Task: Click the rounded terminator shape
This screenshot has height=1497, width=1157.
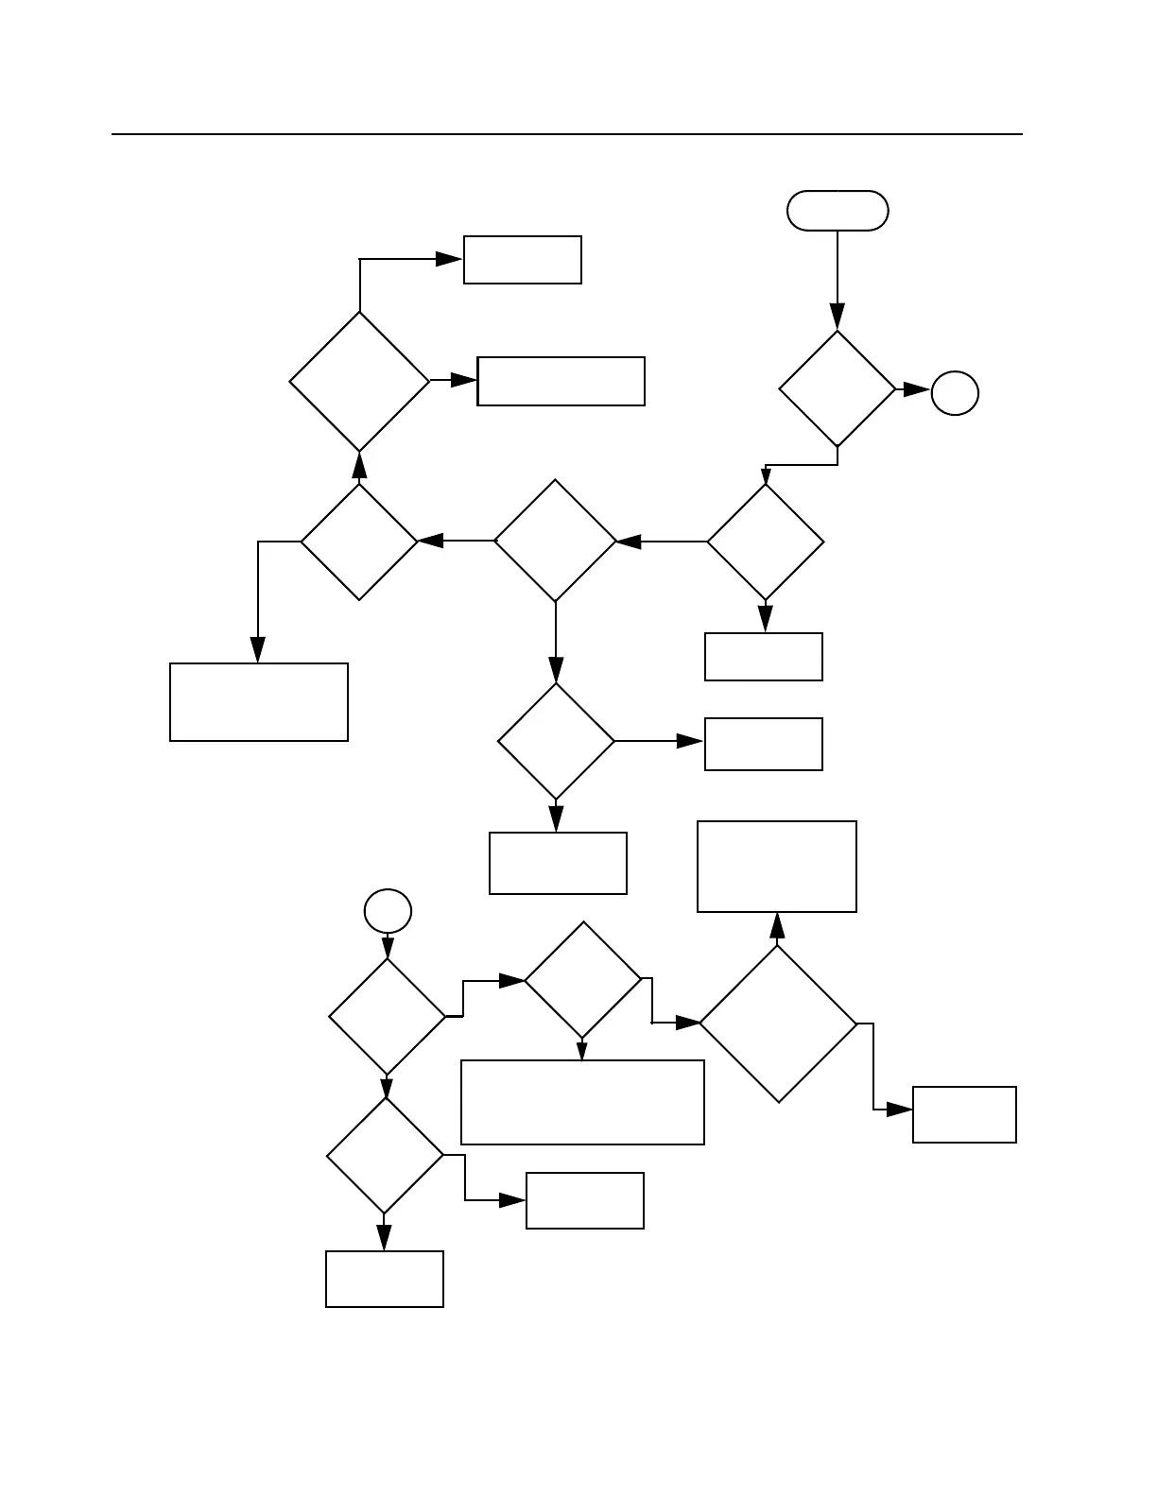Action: (x=838, y=211)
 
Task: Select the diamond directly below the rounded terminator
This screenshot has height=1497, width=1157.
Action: (x=838, y=388)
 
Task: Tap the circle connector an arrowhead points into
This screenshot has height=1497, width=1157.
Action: (x=955, y=393)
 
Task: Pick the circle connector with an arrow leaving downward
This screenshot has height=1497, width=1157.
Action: (x=388, y=912)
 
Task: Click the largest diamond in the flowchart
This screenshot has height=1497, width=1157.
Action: (x=778, y=1024)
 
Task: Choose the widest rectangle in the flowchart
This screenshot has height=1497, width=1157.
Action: (x=582, y=1102)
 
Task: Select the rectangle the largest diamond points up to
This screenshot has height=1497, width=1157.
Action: (x=777, y=867)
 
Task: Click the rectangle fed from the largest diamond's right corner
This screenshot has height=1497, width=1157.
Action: (x=964, y=1115)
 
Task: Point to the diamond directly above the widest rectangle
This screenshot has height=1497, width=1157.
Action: (x=582, y=981)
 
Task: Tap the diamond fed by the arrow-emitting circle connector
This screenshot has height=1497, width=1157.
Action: (x=387, y=1017)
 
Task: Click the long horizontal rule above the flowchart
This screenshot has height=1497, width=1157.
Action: (x=567, y=134)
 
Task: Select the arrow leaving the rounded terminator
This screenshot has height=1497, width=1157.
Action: (x=838, y=274)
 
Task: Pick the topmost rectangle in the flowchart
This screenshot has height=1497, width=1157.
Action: (x=522, y=260)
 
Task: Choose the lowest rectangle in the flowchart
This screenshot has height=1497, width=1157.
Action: (x=385, y=1279)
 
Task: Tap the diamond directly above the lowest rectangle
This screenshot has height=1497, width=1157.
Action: (x=385, y=1155)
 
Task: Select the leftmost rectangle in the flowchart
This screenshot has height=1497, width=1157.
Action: (x=259, y=702)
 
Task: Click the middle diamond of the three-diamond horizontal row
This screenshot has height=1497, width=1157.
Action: (x=556, y=541)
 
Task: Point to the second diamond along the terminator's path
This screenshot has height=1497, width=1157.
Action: (x=766, y=542)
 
